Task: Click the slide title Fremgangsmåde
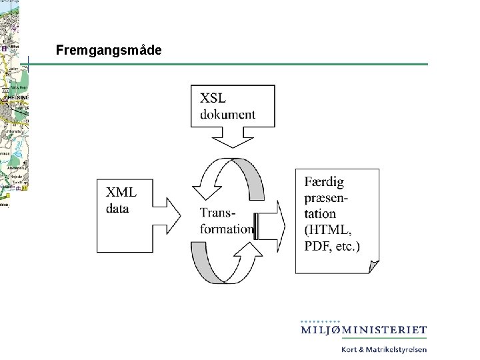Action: click(x=108, y=50)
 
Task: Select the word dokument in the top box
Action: click(x=227, y=114)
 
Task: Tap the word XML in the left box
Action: click(x=121, y=193)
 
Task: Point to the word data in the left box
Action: click(x=117, y=209)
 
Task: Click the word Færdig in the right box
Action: click(x=325, y=181)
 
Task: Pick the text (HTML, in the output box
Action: click(x=329, y=230)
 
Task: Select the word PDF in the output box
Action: click(x=319, y=246)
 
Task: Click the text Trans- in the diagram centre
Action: click(x=218, y=213)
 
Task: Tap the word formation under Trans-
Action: click(x=227, y=229)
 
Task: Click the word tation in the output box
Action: click(x=320, y=214)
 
